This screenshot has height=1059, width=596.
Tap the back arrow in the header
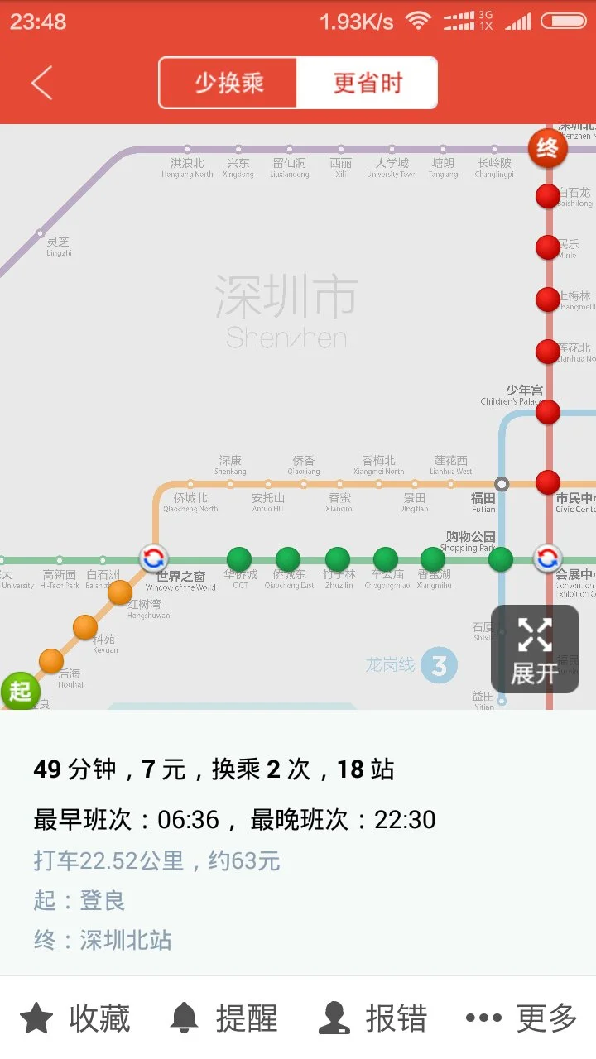click(41, 83)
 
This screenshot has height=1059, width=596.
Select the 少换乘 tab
click(228, 83)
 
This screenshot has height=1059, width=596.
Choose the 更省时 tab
click(368, 83)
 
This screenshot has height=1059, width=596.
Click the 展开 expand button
click(535, 649)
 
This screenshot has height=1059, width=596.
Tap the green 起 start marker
click(20, 691)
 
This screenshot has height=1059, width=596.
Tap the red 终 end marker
click(547, 149)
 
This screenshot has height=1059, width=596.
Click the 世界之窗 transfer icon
click(153, 558)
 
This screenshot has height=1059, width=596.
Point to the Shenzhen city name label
click(286, 310)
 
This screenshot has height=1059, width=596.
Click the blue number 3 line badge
click(439, 665)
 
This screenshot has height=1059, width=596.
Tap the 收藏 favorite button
click(75, 1018)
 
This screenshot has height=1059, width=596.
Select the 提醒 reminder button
click(223, 1018)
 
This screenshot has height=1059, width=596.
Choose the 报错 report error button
click(373, 1018)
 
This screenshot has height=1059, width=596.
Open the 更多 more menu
click(521, 1018)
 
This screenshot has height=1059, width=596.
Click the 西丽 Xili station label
click(340, 168)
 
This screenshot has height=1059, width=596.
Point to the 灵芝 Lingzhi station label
click(59, 246)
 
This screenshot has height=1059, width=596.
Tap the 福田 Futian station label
click(483, 502)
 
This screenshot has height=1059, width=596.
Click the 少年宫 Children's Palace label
click(512, 395)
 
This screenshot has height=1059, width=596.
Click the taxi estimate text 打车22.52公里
click(157, 860)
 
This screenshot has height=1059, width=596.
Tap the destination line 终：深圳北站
click(103, 940)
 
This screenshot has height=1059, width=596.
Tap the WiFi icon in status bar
click(419, 22)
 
